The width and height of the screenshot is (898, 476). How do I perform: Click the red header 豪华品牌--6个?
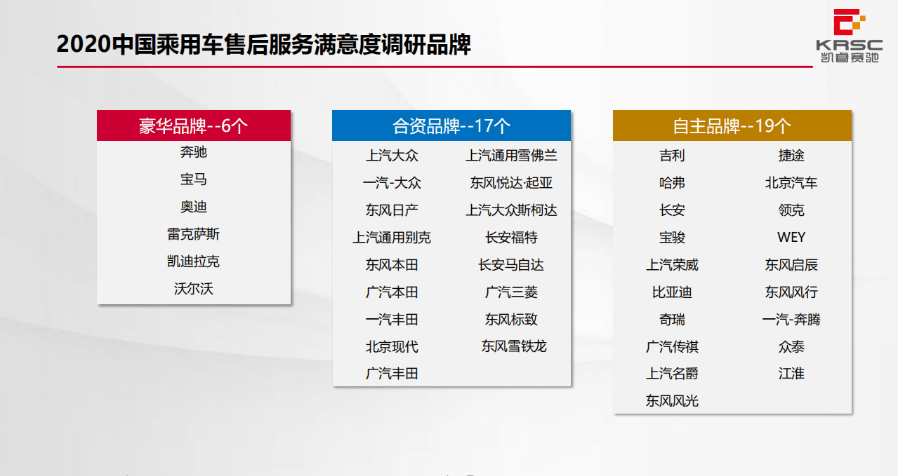click(x=194, y=126)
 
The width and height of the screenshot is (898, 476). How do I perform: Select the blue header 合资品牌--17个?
click(x=451, y=126)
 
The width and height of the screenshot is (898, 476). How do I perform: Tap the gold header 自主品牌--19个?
click(x=732, y=126)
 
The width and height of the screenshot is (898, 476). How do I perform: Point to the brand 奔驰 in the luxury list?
click(x=194, y=152)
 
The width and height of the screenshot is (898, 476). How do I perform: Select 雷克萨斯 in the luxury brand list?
click(x=194, y=234)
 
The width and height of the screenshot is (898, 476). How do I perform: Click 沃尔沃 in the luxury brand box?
click(x=194, y=288)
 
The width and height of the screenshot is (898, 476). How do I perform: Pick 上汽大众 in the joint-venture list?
click(x=392, y=156)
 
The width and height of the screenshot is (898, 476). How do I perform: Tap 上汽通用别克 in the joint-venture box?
click(x=392, y=238)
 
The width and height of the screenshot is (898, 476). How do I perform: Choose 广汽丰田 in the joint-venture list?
click(x=392, y=374)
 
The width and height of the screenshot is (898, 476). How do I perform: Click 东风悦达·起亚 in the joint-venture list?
click(x=511, y=183)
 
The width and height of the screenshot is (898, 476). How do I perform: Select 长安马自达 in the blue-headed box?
click(x=511, y=265)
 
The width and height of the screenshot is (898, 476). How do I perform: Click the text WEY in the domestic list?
click(x=791, y=238)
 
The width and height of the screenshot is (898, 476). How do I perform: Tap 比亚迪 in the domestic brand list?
click(x=672, y=292)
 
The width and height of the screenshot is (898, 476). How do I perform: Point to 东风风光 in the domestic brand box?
click(x=672, y=401)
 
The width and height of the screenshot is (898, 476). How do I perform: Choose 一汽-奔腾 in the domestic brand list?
click(x=791, y=320)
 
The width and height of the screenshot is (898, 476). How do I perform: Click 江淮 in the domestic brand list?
click(x=791, y=374)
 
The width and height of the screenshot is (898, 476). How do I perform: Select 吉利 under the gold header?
click(x=672, y=156)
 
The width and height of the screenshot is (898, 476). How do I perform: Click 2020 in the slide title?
click(x=84, y=45)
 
